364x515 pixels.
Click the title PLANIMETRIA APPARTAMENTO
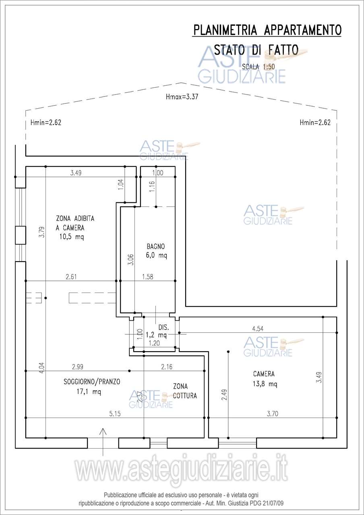coord(267,30)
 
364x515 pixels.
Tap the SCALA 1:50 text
coord(259,67)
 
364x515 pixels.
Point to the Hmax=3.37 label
coord(182,97)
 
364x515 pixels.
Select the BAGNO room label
coord(156,247)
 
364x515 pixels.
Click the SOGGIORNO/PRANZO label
coord(92,382)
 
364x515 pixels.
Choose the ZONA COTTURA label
coord(185,391)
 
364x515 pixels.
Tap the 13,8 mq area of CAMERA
coord(265,384)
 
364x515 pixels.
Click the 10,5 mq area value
coord(72,237)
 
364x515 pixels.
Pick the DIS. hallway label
coord(163,327)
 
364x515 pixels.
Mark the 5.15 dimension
coord(115,414)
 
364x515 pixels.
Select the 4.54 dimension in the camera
coord(258,329)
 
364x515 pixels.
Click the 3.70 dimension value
coord(273,414)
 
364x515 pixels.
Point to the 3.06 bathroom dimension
coord(131,260)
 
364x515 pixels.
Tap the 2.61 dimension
coord(71,277)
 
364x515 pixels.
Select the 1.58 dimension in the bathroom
coord(147,277)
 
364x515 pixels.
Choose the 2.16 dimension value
coord(167,367)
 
